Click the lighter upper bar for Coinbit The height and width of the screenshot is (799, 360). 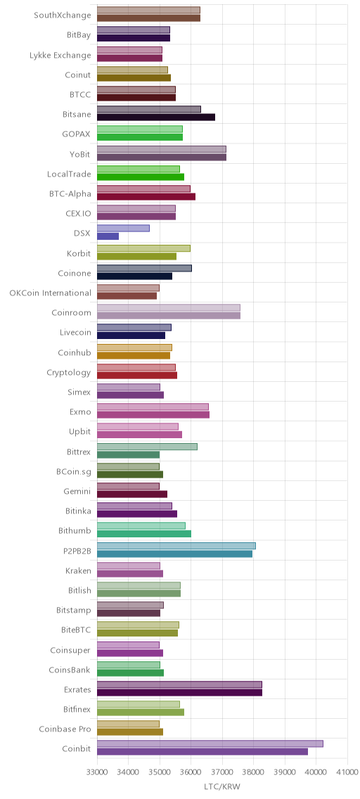[x=210, y=743]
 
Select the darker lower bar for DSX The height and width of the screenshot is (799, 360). [x=108, y=236]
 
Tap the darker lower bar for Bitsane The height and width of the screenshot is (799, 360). [x=156, y=117]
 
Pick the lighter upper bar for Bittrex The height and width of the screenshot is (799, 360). [x=147, y=447]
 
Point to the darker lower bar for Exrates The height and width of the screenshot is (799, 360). [x=179, y=692]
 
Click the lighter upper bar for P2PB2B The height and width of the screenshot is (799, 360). [x=176, y=546]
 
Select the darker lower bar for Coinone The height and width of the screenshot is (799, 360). [x=134, y=276]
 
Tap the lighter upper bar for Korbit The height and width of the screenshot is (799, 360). [x=143, y=248]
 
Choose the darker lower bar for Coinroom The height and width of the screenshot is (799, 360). [x=169, y=316]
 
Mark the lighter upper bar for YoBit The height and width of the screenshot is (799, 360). [x=162, y=149]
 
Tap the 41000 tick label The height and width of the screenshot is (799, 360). [x=347, y=772]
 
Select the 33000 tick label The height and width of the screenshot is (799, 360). [x=97, y=772]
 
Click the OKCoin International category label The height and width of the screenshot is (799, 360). [x=51, y=293]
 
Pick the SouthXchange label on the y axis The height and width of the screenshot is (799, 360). [x=63, y=15]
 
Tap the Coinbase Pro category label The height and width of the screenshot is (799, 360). [x=65, y=729]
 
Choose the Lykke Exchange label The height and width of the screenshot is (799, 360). [x=60, y=55]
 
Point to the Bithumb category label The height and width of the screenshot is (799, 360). [x=75, y=531]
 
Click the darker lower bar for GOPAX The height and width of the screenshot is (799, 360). [x=139, y=137]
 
